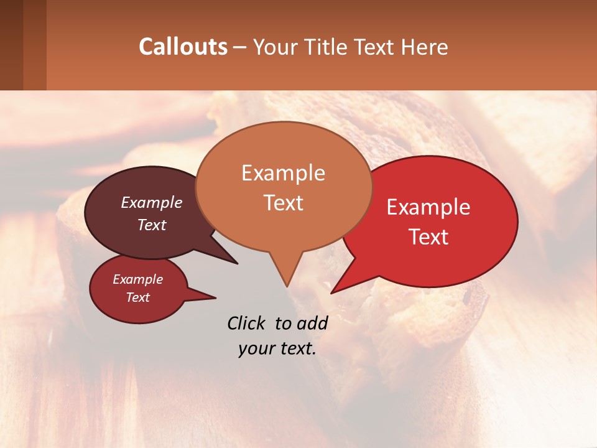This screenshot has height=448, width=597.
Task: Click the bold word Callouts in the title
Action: click(183, 47)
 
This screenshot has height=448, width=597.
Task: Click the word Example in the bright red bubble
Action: click(428, 207)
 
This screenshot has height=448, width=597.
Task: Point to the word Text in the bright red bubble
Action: click(428, 237)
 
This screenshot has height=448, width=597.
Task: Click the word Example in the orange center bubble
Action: click(283, 173)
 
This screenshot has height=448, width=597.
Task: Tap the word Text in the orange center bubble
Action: click(283, 203)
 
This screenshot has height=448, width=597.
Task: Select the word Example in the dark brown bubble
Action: click(152, 203)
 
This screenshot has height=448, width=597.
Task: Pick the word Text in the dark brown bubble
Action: click(152, 225)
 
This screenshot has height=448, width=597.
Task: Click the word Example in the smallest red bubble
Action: click(137, 279)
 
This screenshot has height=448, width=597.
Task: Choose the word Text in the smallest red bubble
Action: click(137, 297)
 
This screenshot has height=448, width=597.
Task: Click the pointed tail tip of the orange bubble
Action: click(287, 286)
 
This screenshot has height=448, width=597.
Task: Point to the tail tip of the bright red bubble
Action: click(331, 293)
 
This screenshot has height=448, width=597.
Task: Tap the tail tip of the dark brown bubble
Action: click(238, 263)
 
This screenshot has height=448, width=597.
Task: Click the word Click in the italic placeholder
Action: click(248, 323)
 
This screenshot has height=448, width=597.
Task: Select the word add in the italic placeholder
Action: click(312, 323)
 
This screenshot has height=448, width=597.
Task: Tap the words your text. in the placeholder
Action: click(277, 348)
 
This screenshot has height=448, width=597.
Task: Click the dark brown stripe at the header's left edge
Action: click(11, 45)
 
